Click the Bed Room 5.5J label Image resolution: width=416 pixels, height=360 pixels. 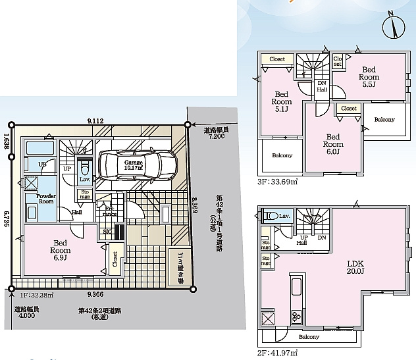coord(368,73)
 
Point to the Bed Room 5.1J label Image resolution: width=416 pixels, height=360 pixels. coord(282,102)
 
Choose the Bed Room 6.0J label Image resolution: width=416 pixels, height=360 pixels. coord(333,140)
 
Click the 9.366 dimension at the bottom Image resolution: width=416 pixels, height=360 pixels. coord(96,295)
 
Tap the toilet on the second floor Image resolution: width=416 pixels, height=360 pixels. coord(270,215)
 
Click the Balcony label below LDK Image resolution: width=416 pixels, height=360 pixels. coord(309,337)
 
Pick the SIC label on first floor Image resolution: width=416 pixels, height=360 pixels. coord(107,232)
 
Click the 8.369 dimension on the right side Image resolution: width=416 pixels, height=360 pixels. coord(195,209)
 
